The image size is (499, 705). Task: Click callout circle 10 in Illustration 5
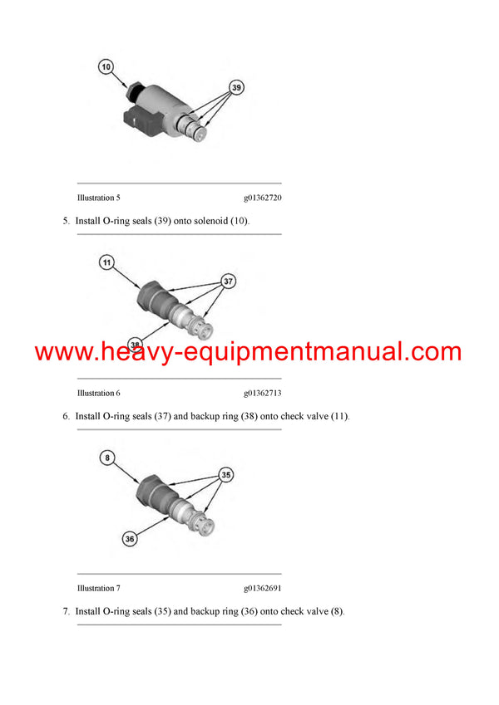tap(106, 65)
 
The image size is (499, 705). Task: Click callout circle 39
tap(237, 87)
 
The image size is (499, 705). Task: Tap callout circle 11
tap(106, 263)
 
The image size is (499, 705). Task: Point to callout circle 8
tap(106, 457)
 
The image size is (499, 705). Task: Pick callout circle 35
tap(225, 475)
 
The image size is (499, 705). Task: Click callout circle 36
tap(129, 538)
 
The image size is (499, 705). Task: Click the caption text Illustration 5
tap(98, 198)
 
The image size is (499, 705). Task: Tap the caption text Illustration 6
tap(98, 393)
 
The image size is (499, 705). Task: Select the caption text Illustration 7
tap(98, 588)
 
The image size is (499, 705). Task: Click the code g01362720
tap(263, 198)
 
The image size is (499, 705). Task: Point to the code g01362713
tap(263, 393)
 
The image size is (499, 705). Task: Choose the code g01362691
tap(263, 588)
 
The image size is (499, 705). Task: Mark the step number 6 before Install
tap(66, 416)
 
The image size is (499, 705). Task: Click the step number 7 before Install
tap(66, 611)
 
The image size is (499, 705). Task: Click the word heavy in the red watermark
tap(145, 352)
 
